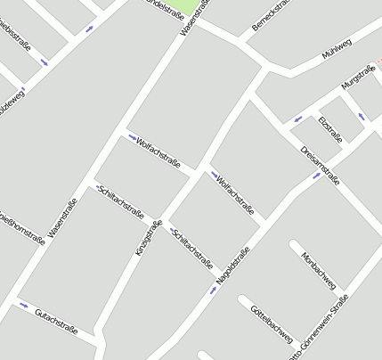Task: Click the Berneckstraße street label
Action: point(271,16)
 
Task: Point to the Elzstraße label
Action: point(329,129)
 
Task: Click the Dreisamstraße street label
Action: point(320,163)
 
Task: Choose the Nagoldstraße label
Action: point(233,265)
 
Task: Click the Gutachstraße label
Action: point(55,321)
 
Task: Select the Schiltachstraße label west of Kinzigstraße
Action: point(123,201)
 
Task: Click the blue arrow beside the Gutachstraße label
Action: point(23,306)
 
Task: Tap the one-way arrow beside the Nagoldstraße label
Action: point(213,290)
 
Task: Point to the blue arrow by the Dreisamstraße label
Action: point(316,176)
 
